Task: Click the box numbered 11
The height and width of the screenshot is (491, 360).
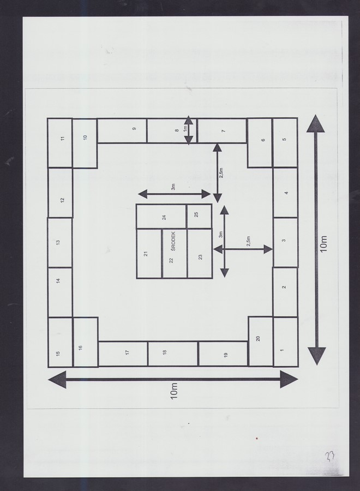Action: coord(60,143)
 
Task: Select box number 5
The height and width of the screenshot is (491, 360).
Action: coord(285,143)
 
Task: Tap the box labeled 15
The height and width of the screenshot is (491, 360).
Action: coord(61,342)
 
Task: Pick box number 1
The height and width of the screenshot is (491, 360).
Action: coord(285,342)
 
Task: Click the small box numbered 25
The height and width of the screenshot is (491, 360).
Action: coord(199,217)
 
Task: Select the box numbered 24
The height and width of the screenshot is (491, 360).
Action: coord(161,217)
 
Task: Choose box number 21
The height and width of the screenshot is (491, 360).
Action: coord(149,253)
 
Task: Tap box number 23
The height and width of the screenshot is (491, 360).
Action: coord(200,253)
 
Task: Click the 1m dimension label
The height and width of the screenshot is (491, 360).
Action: coord(185,128)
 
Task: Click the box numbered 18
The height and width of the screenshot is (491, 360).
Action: coord(173,354)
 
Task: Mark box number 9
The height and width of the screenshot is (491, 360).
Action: coord(122,130)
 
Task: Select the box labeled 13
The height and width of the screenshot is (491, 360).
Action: coord(60,243)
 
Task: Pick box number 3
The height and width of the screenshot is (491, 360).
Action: coord(285,242)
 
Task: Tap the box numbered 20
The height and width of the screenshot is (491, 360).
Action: coord(260,342)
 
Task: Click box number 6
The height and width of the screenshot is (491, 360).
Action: coord(260,143)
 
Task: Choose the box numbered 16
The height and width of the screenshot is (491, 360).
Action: coord(86,342)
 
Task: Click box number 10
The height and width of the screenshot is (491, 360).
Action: coord(85,143)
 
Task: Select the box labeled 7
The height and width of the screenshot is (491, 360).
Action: coord(222,130)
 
